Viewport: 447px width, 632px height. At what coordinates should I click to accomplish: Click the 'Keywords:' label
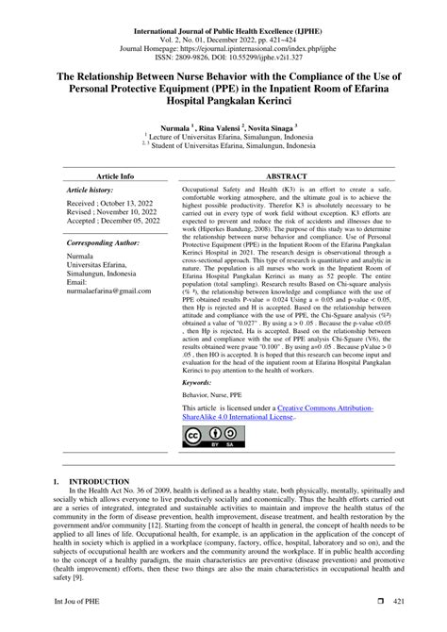[197, 383]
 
